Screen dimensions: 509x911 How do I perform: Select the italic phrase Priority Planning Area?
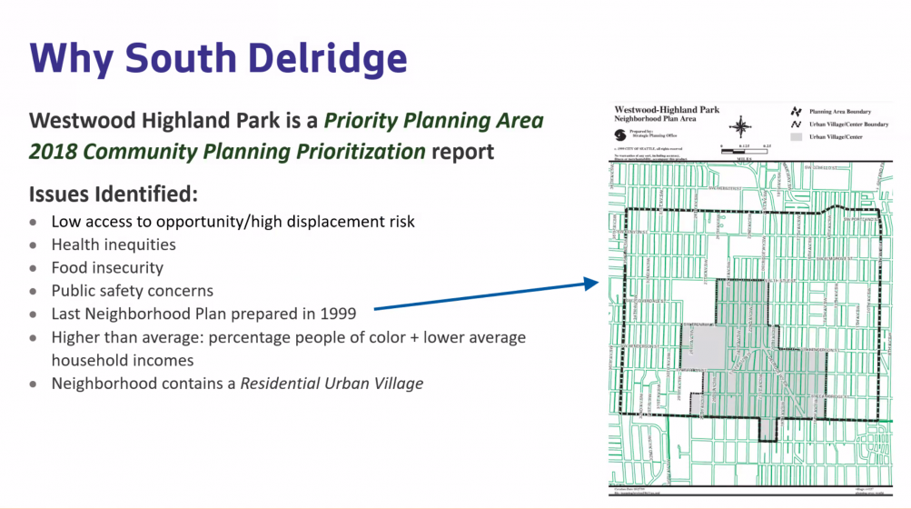(434, 121)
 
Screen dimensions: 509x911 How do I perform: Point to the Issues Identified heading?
(114, 195)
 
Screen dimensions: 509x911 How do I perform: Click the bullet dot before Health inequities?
(34, 245)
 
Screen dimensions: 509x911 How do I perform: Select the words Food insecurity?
(107, 268)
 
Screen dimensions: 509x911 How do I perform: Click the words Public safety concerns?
(132, 291)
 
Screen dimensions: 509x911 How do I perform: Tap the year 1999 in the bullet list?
(333, 314)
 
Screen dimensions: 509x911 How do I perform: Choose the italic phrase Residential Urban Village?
(332, 384)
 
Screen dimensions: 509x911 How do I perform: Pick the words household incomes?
(123, 360)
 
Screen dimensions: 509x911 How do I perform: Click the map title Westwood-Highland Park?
(667, 110)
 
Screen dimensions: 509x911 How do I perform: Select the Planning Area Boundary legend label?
(846, 111)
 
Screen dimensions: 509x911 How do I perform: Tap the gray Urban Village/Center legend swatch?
(796, 137)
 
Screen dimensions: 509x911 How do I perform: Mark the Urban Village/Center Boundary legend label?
(850, 125)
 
